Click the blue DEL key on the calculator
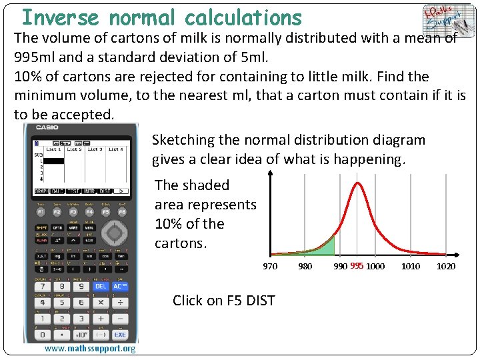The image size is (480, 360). click(x=101, y=286)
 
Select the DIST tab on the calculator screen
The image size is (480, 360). click(x=105, y=191)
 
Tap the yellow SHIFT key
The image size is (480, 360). click(x=41, y=227)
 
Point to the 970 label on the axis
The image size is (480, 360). click(x=270, y=267)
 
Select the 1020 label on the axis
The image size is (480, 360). click(x=446, y=267)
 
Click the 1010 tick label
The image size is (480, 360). click(x=411, y=267)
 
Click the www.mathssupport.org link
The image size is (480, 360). click(x=89, y=349)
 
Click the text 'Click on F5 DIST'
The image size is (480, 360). click(x=223, y=301)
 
